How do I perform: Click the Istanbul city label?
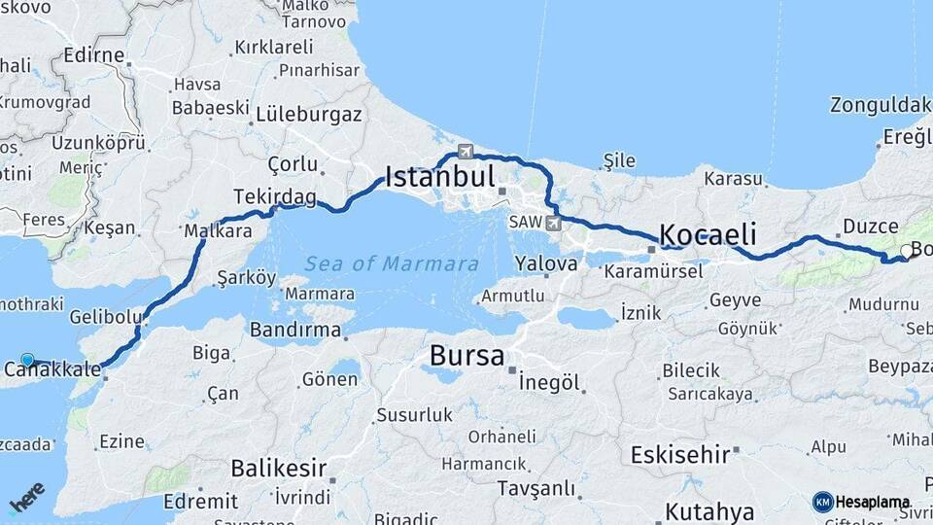(x=440, y=177)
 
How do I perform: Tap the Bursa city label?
(x=466, y=356)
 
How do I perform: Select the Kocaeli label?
(x=708, y=234)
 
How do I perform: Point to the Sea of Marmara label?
(x=391, y=263)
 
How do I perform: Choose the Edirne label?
(x=94, y=55)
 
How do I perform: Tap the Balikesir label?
(x=278, y=469)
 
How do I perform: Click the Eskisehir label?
(x=679, y=454)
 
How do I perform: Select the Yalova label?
(x=546, y=263)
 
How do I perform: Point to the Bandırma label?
(x=295, y=330)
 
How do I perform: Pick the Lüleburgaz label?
(x=309, y=114)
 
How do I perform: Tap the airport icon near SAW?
(x=554, y=224)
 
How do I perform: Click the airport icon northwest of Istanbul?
(x=466, y=152)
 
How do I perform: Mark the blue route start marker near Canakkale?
(x=27, y=360)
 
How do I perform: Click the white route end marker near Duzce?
(x=906, y=251)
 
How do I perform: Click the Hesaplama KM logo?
(x=861, y=502)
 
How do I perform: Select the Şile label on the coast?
(x=619, y=159)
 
